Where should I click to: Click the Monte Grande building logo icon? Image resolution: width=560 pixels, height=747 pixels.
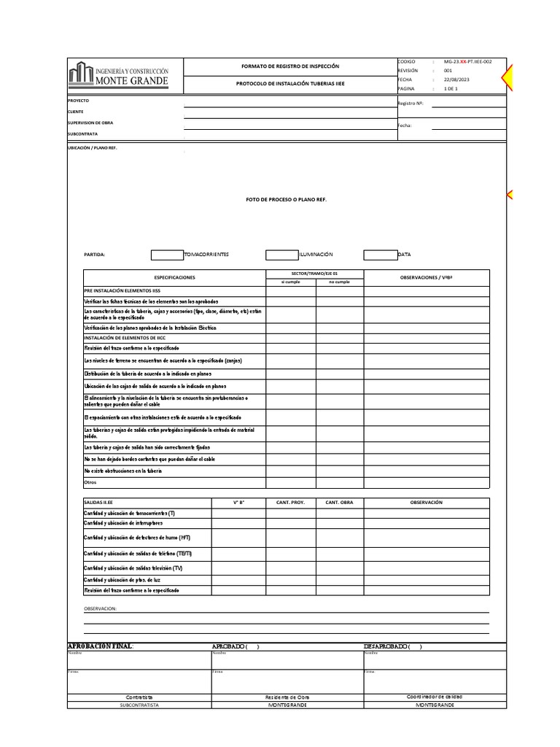coord(80,75)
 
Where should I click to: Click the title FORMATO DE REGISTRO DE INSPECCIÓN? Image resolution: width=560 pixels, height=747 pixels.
coord(290,66)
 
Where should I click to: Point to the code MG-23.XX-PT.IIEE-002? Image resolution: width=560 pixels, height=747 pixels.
coord(467,62)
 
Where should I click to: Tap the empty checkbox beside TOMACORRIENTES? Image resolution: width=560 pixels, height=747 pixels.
coord(167,255)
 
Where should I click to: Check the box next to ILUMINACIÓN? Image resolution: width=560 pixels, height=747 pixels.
coord(281,255)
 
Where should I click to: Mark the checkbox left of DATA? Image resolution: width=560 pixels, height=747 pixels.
coord(380,255)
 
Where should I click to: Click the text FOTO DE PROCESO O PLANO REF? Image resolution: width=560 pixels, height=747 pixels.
coord(286,199)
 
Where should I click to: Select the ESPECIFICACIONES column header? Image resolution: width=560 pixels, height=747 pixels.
coord(174,278)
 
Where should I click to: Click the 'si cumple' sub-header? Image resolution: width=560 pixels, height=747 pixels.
coord(290,282)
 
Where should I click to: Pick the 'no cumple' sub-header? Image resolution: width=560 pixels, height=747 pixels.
coord(339,282)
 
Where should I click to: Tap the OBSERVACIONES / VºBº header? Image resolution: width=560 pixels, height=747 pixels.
coord(427,278)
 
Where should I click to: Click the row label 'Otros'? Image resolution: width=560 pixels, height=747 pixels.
coord(90,482)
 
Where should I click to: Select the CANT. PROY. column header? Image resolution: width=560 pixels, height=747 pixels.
coord(290,503)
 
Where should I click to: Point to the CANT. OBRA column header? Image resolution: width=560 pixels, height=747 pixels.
coord(339,503)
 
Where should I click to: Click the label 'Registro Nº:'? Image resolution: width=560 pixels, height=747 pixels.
coord(411,104)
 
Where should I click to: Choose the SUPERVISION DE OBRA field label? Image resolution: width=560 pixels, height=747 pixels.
coord(90,123)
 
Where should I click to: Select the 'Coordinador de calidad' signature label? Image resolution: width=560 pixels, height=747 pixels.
coord(435,697)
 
